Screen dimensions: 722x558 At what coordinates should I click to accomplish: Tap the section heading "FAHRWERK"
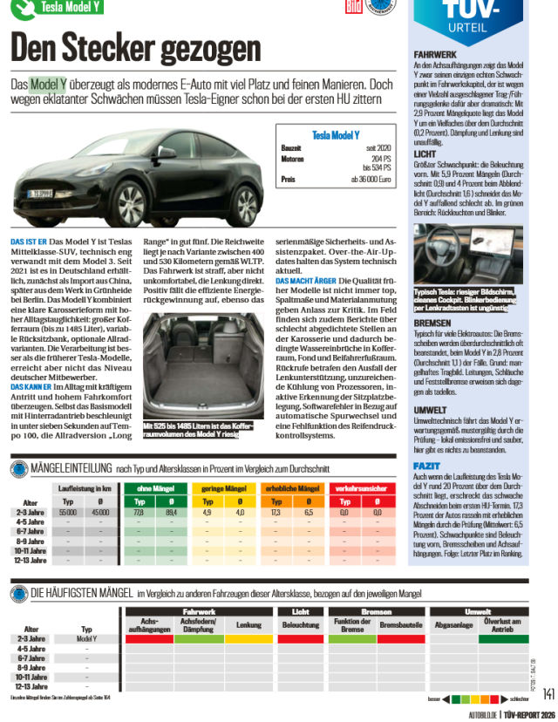(434, 54)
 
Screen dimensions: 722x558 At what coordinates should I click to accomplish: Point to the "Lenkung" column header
(248, 626)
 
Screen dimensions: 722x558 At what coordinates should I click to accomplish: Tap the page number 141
(548, 693)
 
